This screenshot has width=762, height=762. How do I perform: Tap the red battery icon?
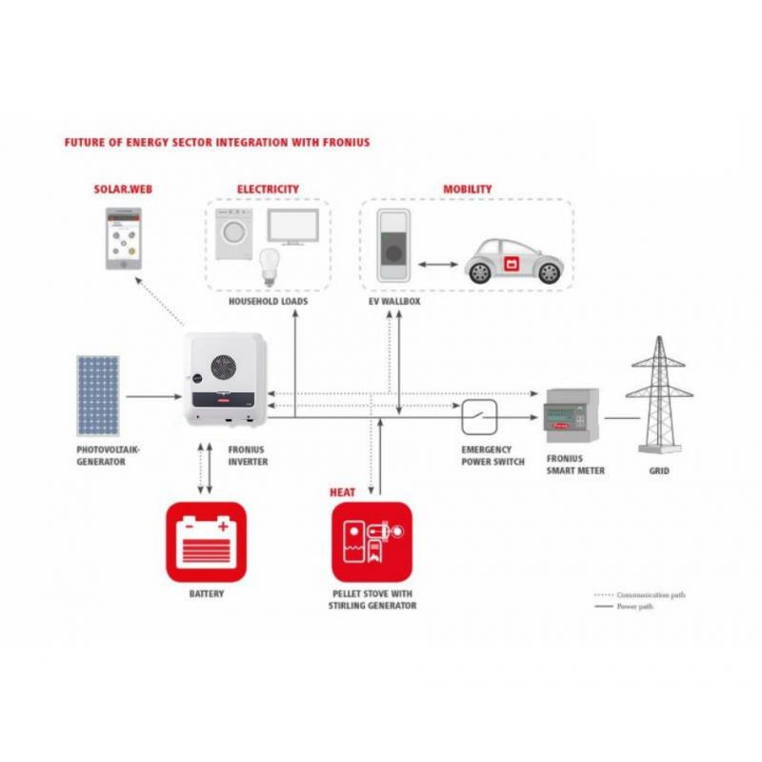point(206,541)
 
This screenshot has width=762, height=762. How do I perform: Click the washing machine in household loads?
point(231,231)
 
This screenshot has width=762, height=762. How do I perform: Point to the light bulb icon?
point(268,266)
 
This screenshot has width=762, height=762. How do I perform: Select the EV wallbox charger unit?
point(393,247)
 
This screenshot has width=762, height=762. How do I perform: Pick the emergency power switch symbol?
point(475,416)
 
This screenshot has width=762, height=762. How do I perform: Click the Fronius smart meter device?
point(571,420)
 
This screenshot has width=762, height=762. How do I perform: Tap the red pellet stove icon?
point(371,541)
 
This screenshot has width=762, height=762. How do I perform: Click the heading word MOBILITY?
point(468,190)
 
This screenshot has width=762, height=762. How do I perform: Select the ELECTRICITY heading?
point(268,190)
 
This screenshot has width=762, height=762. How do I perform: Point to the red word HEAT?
point(343,491)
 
